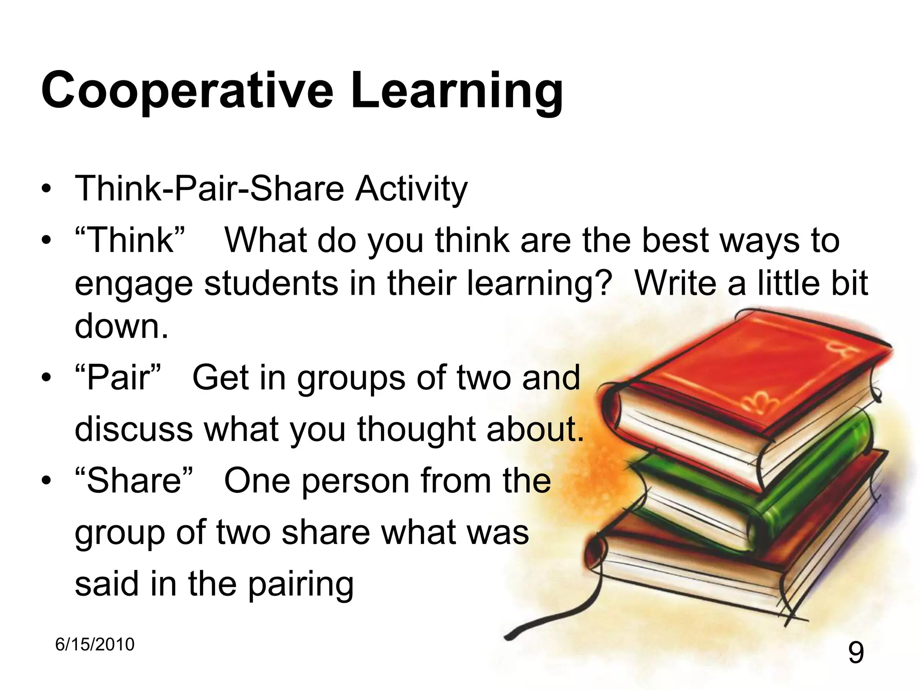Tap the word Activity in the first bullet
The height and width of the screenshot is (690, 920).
tap(411, 189)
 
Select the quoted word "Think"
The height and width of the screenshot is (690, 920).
tap(130, 240)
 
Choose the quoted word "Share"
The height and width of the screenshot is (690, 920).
tap(134, 481)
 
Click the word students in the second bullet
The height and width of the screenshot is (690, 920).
tap(271, 283)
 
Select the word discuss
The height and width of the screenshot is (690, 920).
tap(134, 429)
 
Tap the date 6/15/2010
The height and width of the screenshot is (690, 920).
tap(95, 644)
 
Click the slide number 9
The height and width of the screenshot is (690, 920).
tap(856, 653)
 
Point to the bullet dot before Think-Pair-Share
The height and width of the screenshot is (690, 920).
tap(46, 189)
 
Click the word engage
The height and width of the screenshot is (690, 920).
tap(134, 284)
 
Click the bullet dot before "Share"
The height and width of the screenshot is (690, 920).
tap(46, 481)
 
